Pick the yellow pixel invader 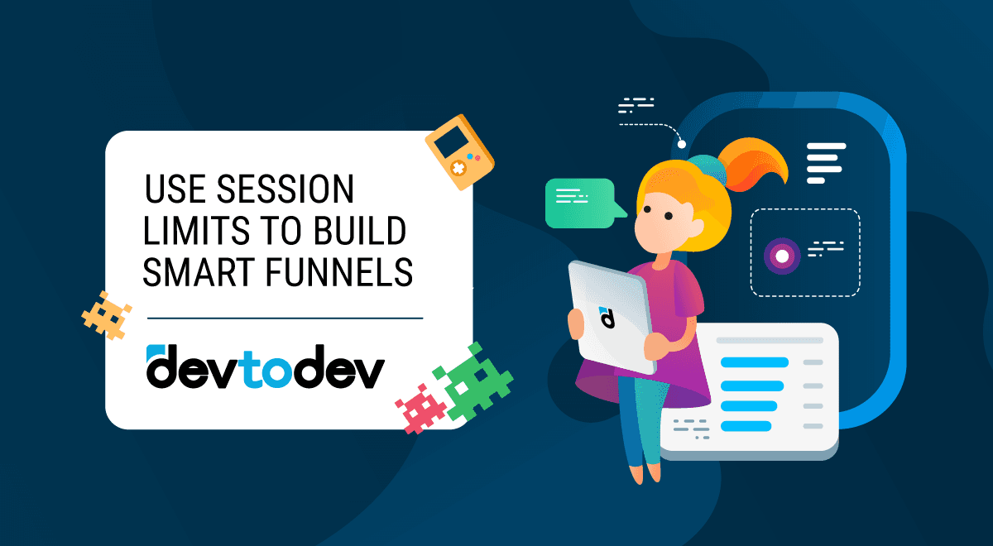coord(104,314)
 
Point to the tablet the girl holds coord(608,314)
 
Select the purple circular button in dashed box coord(782,254)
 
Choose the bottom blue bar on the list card coord(746,426)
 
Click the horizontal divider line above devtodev coord(285,317)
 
